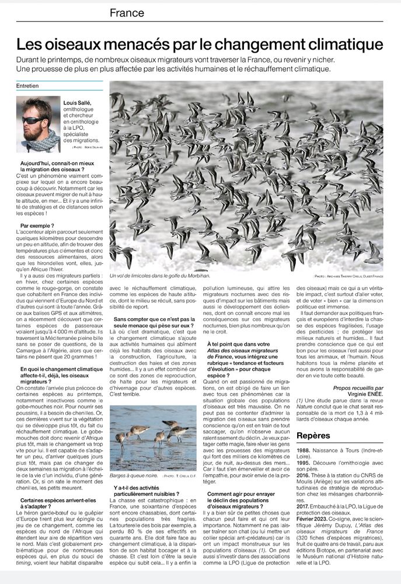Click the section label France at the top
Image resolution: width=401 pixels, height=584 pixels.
coord(127,13)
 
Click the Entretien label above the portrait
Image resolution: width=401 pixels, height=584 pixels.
coord(28,85)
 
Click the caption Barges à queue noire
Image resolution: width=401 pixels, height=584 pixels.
coord(134,476)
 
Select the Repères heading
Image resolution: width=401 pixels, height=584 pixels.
coord(313,436)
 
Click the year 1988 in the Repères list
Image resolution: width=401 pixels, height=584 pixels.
coord(304,451)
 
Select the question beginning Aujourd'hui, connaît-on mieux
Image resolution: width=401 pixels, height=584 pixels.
coord(57,165)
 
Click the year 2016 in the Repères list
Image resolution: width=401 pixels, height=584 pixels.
coord(304,476)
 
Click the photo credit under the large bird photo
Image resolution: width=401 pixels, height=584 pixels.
coord(347,276)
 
